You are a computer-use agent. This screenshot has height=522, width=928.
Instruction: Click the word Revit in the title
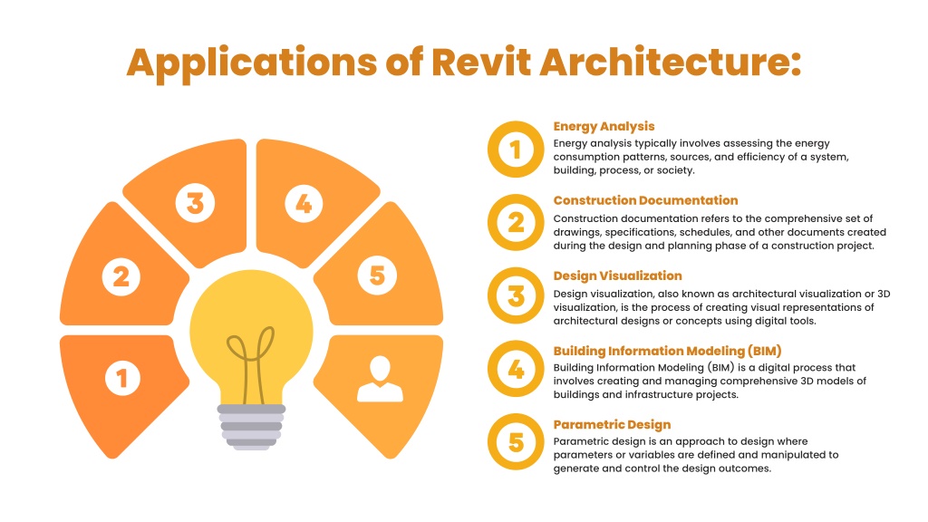tap(481, 62)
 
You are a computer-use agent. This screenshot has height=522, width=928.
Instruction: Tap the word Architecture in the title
tap(670, 62)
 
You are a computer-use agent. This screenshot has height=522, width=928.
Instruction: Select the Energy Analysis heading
tap(604, 126)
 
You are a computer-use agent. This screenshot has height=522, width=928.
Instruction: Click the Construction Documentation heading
tap(645, 200)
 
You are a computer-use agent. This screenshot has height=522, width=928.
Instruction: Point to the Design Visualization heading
tap(617, 275)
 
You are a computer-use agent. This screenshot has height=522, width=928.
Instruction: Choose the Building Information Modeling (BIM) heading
tap(668, 351)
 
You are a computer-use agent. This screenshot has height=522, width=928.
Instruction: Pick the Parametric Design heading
tap(612, 424)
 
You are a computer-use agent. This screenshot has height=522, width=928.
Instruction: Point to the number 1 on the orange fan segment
tap(122, 378)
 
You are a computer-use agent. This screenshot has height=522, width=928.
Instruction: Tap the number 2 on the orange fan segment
tap(121, 276)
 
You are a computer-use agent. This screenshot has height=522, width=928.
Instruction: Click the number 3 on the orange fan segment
tap(196, 203)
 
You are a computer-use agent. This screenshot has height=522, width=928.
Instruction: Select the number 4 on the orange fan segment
tap(304, 204)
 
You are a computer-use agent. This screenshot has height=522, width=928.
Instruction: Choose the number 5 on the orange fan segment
tap(377, 275)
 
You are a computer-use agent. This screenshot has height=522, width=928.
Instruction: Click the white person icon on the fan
tap(380, 380)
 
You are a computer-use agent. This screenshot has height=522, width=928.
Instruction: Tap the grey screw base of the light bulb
tap(252, 427)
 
